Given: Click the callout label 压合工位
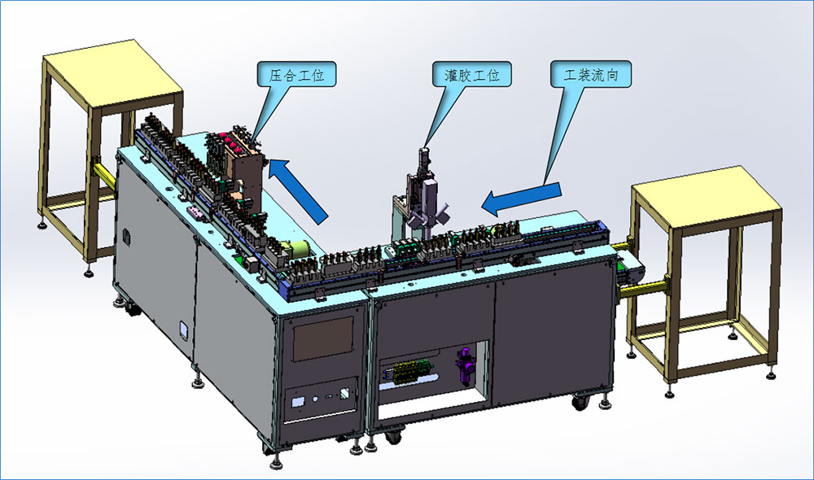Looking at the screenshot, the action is pyautogui.click(x=296, y=75).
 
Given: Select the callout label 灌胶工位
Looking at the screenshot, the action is pyautogui.click(x=472, y=75).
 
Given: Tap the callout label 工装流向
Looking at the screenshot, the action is pyautogui.click(x=591, y=75).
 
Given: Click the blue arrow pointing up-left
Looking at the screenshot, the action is pyautogui.click(x=298, y=190).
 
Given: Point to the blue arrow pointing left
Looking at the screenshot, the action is pyautogui.click(x=521, y=199).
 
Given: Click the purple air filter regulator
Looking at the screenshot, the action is pyautogui.click(x=464, y=367).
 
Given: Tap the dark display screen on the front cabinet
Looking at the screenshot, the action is pyautogui.click(x=323, y=339).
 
